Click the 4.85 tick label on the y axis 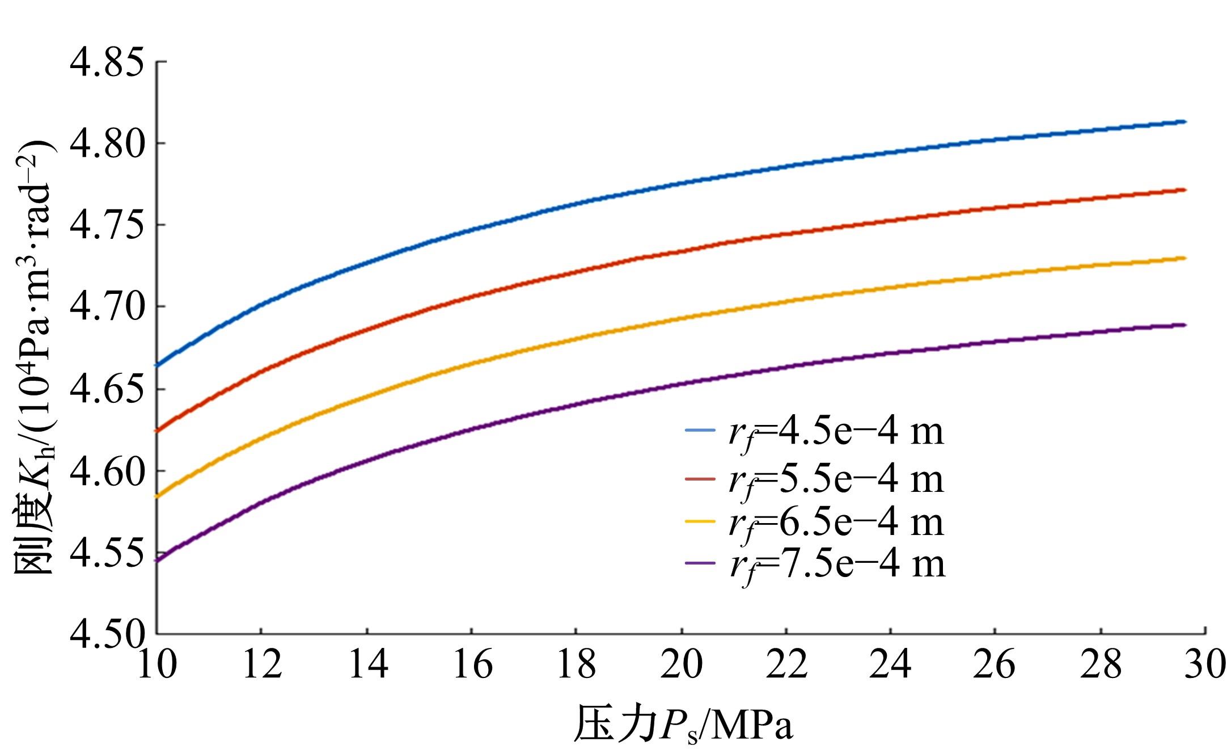[107, 63]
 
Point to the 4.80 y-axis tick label [107, 144]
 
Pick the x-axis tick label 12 [262, 665]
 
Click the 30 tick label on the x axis [1205, 665]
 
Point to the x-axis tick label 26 [996, 665]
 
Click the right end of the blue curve [1184, 121]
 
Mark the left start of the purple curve [158, 561]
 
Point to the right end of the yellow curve [1184, 258]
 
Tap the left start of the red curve [158, 431]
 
